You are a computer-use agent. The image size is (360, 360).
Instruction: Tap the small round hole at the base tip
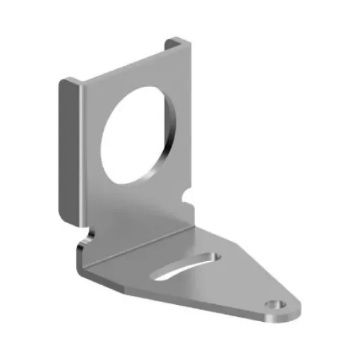tap(274, 305)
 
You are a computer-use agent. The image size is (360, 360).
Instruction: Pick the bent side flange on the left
tap(68, 148)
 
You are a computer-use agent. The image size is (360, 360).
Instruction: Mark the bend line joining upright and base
tap(141, 240)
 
